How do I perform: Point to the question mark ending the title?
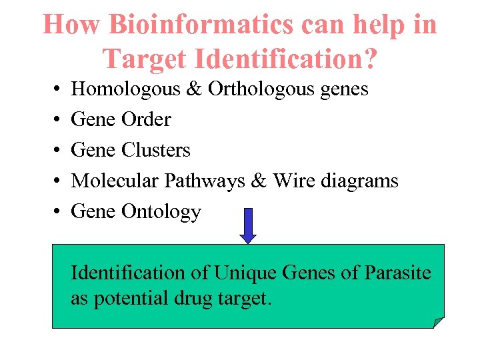(369, 59)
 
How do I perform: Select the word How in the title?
(71, 25)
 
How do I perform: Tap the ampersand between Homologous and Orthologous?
(195, 89)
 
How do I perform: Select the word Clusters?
(156, 150)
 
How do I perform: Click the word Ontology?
(161, 211)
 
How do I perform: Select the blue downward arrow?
(248, 225)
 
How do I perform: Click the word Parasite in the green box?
(397, 273)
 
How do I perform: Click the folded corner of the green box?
(439, 323)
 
